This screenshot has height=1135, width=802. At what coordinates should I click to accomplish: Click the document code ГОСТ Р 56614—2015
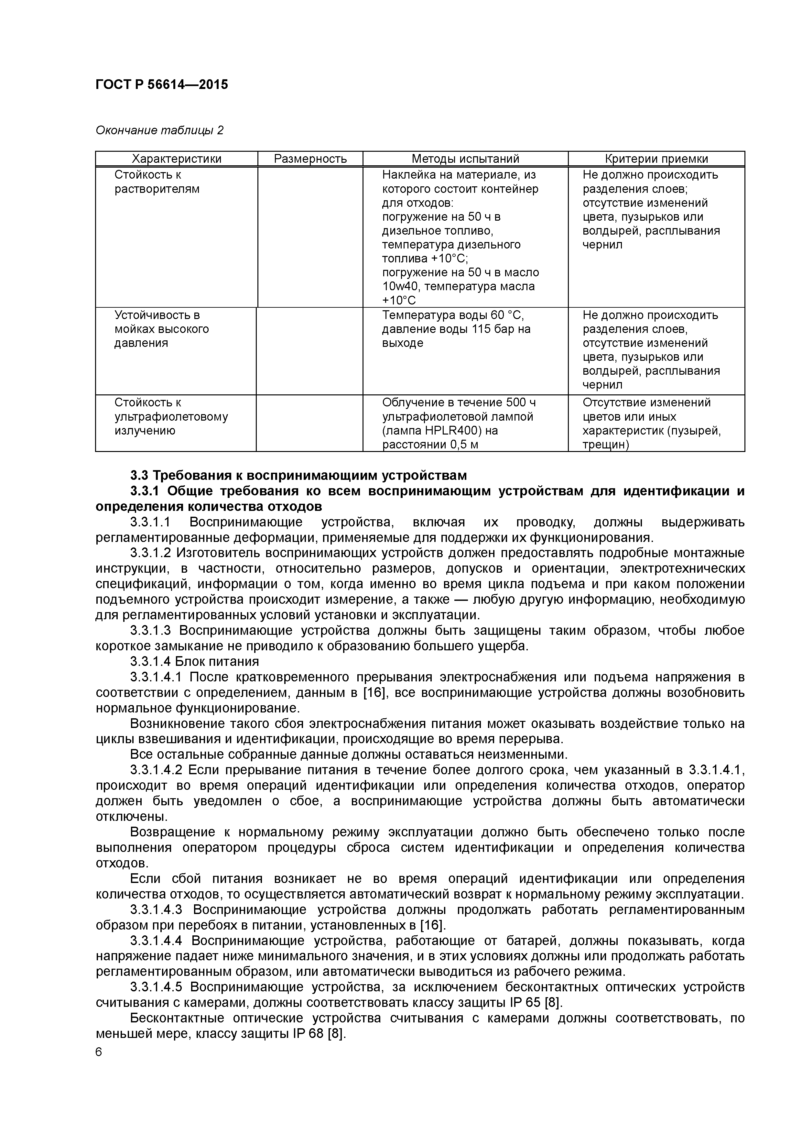coord(162,84)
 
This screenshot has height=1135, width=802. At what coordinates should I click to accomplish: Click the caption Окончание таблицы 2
coord(159,130)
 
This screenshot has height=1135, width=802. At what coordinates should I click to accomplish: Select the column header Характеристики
coord(177,159)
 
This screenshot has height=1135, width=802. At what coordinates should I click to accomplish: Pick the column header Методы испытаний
coord(465,159)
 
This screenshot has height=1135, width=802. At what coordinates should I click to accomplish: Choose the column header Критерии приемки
coord(656,159)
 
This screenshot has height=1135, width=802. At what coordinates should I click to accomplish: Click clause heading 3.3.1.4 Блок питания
coord(194,661)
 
